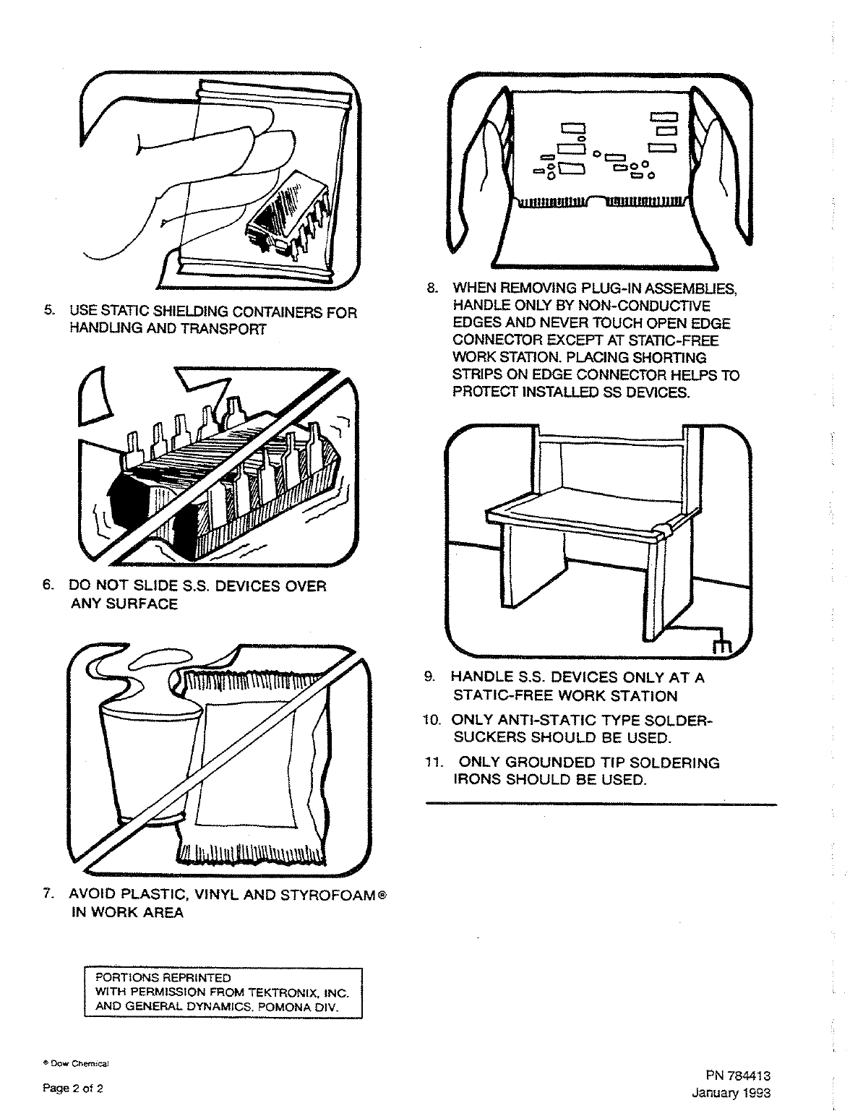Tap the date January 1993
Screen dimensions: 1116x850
(731, 1092)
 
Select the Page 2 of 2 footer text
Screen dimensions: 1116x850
(72, 1089)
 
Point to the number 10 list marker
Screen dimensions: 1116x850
(434, 720)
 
